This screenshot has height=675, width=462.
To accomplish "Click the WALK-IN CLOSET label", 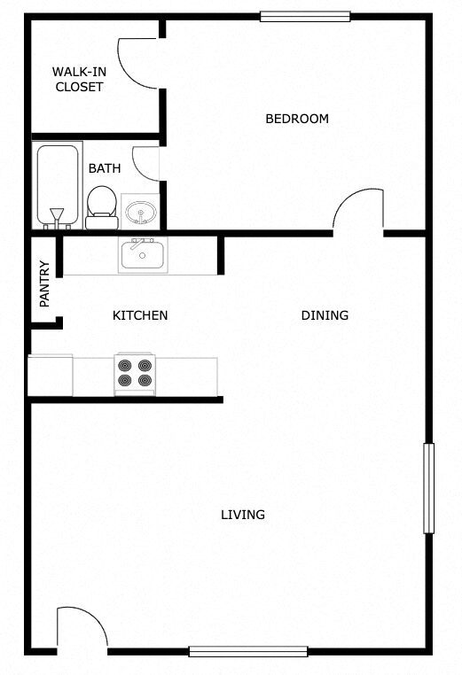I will coord(78,80).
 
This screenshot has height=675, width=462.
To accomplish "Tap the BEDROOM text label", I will coord(297,119).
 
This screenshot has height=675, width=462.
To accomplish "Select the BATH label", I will coord(104,167).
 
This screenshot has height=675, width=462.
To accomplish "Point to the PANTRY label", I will coord(44,283).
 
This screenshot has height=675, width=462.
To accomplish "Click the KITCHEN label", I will coord(140,315).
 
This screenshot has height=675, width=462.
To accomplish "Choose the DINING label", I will coord(325,315).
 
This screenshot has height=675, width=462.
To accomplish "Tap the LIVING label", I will coord(243,515).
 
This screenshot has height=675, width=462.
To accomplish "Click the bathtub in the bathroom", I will coord(59,185).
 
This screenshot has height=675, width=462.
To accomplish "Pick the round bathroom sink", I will coord(140,212).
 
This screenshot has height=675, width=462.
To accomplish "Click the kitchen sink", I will coord(143,256).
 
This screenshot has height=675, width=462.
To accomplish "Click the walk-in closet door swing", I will coord(138,62).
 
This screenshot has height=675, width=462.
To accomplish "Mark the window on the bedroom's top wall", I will coord(304,16).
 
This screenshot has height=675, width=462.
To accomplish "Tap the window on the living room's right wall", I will coord(429,488).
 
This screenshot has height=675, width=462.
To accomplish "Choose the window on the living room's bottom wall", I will coord(247,651).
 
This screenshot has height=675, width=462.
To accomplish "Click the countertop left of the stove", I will coord(71,376).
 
